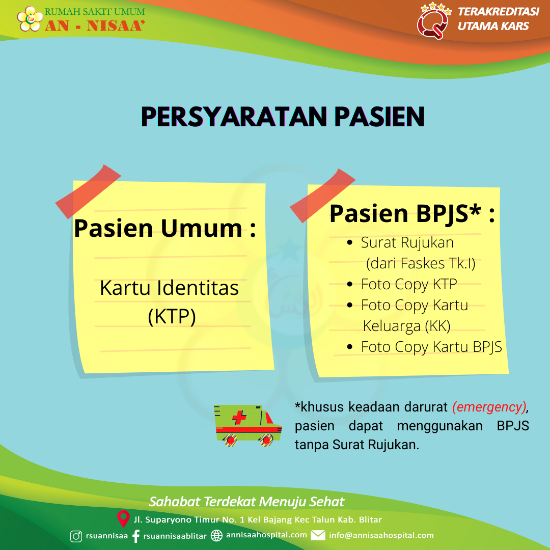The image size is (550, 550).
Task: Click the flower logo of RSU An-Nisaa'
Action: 30,19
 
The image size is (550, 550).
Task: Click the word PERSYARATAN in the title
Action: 234,117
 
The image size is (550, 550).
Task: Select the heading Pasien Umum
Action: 164,228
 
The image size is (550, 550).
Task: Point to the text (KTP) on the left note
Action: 172,316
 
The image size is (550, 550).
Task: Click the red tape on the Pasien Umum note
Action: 88,191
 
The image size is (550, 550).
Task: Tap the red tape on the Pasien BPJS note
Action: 322,196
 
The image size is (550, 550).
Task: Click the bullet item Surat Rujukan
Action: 407,242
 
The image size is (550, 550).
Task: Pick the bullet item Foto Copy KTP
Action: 409,285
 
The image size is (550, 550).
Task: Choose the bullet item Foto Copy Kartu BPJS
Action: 431,347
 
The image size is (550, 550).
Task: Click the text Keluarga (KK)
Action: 406,326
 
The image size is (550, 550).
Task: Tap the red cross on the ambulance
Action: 239,417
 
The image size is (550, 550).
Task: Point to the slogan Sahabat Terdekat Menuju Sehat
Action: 246,502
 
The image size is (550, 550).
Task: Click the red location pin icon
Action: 123,518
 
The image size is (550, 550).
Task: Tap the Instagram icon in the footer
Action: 76,536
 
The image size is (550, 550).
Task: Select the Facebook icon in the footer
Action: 136,536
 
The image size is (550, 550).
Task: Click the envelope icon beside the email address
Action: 318,535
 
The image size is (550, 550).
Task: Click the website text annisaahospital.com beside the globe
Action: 266,535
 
